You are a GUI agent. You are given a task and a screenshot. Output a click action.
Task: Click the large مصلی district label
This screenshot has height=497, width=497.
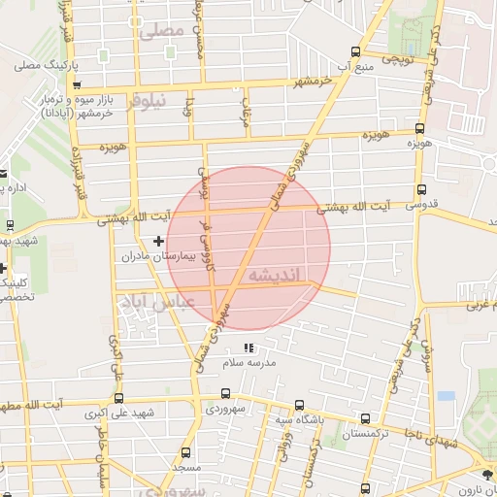click(x=161, y=31)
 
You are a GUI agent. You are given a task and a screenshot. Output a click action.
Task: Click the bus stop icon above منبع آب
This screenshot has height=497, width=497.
click(x=356, y=51)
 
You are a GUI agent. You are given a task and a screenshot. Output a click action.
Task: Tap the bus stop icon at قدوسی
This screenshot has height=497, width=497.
click(x=420, y=190)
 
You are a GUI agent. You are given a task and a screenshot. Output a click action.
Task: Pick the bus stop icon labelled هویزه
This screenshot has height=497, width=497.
click(x=419, y=128)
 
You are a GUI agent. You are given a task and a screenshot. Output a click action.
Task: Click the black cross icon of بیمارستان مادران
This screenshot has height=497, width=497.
click(x=159, y=240)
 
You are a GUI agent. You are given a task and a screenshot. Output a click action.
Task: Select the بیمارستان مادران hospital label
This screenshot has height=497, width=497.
click(x=158, y=257)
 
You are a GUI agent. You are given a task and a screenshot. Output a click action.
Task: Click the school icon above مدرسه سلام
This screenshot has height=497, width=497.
click(x=249, y=348)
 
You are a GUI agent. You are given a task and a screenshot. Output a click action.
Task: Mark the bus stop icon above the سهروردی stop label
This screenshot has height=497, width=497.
click(x=225, y=394)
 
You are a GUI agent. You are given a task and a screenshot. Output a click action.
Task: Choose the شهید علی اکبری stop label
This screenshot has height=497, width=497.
click(x=119, y=414)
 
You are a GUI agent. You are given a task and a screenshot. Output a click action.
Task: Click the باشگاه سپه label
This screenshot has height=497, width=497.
click(x=296, y=419)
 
